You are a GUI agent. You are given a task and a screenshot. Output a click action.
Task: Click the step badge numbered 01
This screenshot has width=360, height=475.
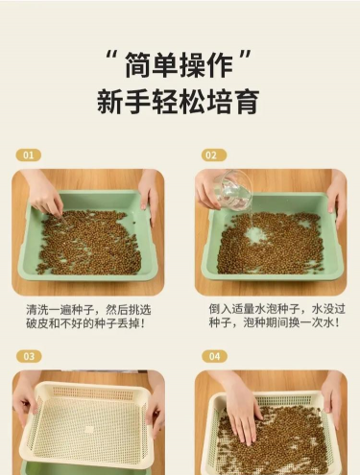coord(29,155)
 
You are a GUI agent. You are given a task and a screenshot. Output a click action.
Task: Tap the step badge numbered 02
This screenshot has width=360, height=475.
coord(214,155)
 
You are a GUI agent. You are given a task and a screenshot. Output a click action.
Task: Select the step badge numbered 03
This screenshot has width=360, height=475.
coord(29,356)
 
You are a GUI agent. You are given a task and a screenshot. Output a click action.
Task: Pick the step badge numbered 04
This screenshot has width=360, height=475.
coord(214,356)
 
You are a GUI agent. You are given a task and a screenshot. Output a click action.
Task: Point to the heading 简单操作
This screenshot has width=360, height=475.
coord(179,65)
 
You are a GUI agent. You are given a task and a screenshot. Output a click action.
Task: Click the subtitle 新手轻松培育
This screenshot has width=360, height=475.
coord(178,102)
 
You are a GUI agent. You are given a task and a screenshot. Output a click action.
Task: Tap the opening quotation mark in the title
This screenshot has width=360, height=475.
coord(111,58)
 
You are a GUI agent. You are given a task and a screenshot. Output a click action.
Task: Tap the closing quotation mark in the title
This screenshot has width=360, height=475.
coord(245,57)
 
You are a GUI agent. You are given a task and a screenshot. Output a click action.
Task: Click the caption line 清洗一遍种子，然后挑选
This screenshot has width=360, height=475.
coord(88,310)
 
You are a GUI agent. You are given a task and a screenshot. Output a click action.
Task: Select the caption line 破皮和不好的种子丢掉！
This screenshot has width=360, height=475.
coord(85,323)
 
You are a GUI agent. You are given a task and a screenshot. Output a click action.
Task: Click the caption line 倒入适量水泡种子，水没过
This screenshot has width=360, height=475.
coord(277,309)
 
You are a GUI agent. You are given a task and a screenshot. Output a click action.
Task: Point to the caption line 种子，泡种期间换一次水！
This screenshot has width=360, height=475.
coord(275,322)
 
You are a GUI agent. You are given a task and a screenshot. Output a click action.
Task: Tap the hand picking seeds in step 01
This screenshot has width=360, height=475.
coord(46,193)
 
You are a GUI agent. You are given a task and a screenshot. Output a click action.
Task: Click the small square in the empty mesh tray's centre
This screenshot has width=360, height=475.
coord(89,429)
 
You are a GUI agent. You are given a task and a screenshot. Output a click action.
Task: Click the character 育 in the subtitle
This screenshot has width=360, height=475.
coord(246,102)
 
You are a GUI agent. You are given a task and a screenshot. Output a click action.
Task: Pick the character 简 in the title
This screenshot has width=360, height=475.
coord(138,65)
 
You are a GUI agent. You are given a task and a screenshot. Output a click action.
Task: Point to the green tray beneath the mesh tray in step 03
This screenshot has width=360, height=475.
coord(86,467)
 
